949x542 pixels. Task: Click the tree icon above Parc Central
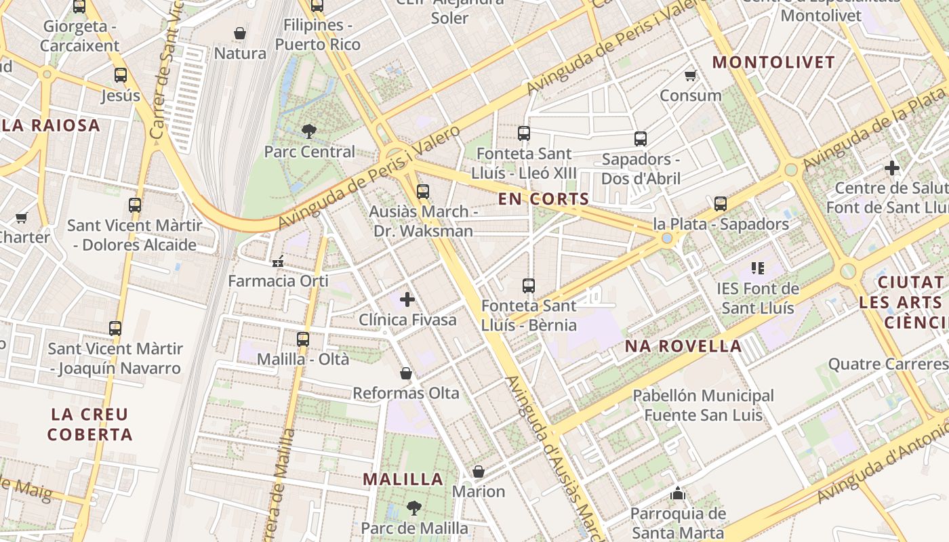click(x=309, y=131)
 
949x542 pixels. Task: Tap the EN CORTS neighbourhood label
click(x=543, y=199)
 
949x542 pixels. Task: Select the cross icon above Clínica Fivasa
click(x=407, y=299)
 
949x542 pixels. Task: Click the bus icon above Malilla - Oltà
click(x=303, y=339)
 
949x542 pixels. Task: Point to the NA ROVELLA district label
click(x=683, y=346)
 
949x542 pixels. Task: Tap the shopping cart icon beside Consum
click(x=690, y=75)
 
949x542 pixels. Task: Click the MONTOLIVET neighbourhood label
click(x=773, y=62)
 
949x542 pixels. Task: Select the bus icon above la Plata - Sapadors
click(x=721, y=203)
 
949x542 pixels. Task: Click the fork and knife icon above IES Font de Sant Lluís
click(x=757, y=268)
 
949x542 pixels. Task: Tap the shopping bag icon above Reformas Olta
click(x=405, y=373)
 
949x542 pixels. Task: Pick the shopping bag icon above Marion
click(x=479, y=472)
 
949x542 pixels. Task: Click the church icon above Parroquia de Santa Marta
click(x=677, y=494)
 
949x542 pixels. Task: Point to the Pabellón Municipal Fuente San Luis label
click(x=703, y=405)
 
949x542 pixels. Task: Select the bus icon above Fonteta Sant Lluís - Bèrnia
click(x=529, y=286)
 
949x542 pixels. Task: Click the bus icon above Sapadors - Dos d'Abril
click(x=641, y=139)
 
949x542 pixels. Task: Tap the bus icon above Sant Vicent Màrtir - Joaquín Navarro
click(x=115, y=329)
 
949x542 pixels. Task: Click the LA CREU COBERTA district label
click(x=89, y=424)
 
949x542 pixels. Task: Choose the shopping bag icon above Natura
click(x=239, y=33)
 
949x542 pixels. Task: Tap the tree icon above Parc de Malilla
click(x=413, y=507)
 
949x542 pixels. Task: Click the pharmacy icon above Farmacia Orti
click(x=277, y=261)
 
